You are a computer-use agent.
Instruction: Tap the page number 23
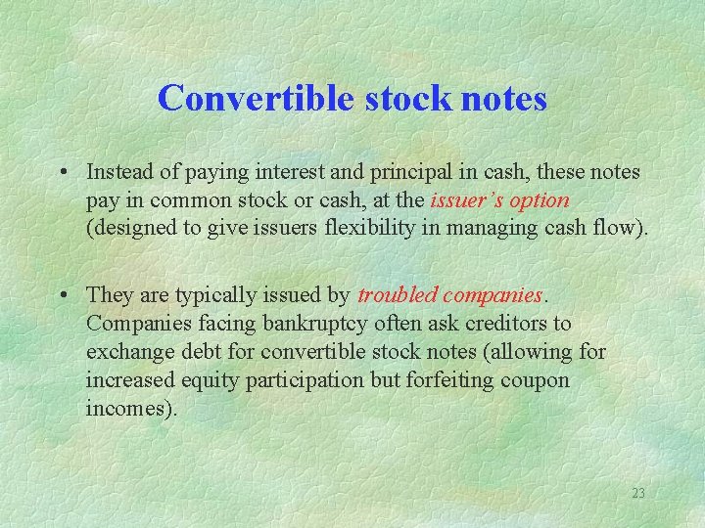tap(637, 493)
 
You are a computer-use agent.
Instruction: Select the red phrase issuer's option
tap(498, 200)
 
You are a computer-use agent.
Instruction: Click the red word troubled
tap(397, 294)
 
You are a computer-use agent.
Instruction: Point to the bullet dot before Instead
tap(62, 173)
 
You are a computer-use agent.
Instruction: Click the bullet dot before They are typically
tap(62, 295)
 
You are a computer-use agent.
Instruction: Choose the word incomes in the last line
tap(127, 408)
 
